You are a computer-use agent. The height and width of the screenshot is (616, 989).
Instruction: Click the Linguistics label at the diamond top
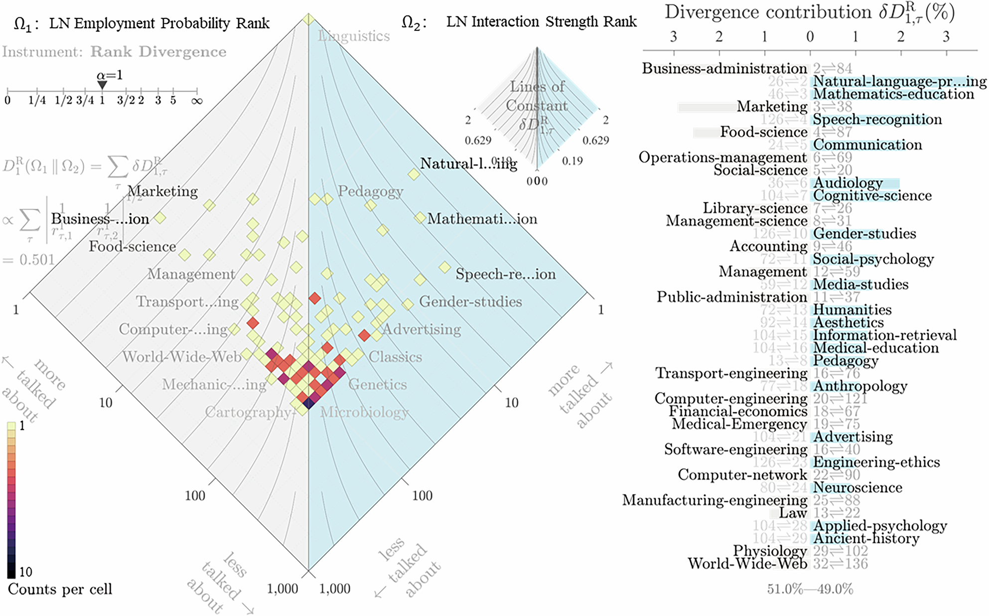click(354, 36)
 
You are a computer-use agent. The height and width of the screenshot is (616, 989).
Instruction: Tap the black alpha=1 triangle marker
click(102, 85)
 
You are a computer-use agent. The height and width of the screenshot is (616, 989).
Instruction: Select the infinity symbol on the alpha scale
click(197, 101)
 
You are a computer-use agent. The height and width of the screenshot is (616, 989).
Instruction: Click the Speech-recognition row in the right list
click(877, 120)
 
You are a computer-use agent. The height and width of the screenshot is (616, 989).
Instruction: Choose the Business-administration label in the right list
click(724, 68)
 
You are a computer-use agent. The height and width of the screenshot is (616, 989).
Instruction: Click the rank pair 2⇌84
click(833, 68)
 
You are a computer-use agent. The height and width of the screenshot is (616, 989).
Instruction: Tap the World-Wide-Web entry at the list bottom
click(747, 564)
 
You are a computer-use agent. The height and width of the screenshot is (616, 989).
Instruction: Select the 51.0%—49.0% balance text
click(810, 589)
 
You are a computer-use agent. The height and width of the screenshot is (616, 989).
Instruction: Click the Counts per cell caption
click(60, 589)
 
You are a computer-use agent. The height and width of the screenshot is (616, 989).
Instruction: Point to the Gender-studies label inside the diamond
click(470, 302)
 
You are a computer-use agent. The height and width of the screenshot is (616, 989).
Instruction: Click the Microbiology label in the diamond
click(364, 412)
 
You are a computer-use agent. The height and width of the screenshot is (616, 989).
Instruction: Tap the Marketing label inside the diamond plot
click(162, 191)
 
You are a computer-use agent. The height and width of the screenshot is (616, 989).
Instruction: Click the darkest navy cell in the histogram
click(308, 403)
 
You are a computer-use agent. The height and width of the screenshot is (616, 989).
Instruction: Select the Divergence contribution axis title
click(809, 13)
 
